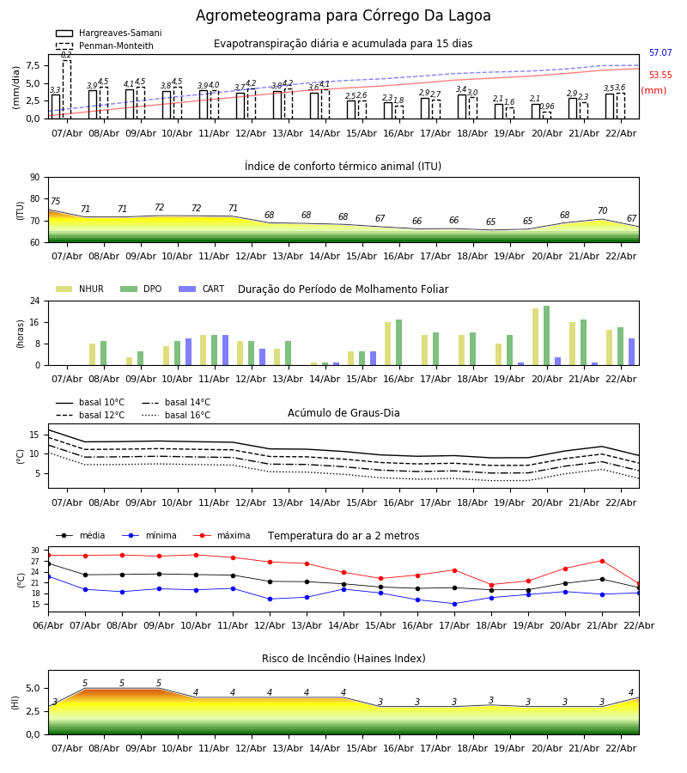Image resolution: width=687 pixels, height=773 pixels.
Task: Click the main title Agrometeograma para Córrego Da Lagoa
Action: coord(343,15)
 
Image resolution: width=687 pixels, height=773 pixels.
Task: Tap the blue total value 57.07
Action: coord(660,53)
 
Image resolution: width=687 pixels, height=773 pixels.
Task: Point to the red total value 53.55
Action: coord(660,76)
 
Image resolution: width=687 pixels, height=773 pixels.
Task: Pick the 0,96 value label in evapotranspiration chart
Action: coord(547,107)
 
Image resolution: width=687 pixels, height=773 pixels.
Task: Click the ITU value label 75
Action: coord(55,202)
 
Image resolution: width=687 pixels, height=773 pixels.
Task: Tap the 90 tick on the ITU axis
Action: coord(34,177)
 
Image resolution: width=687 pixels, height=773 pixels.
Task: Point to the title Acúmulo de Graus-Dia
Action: coord(343,413)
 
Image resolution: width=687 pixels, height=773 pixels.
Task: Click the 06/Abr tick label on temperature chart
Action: coord(48,624)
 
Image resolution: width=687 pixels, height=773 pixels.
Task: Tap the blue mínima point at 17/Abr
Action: coord(454,603)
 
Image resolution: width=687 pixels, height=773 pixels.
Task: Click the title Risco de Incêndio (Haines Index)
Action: coord(343,659)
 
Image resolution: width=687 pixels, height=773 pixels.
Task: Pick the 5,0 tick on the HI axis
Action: coord(32,688)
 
